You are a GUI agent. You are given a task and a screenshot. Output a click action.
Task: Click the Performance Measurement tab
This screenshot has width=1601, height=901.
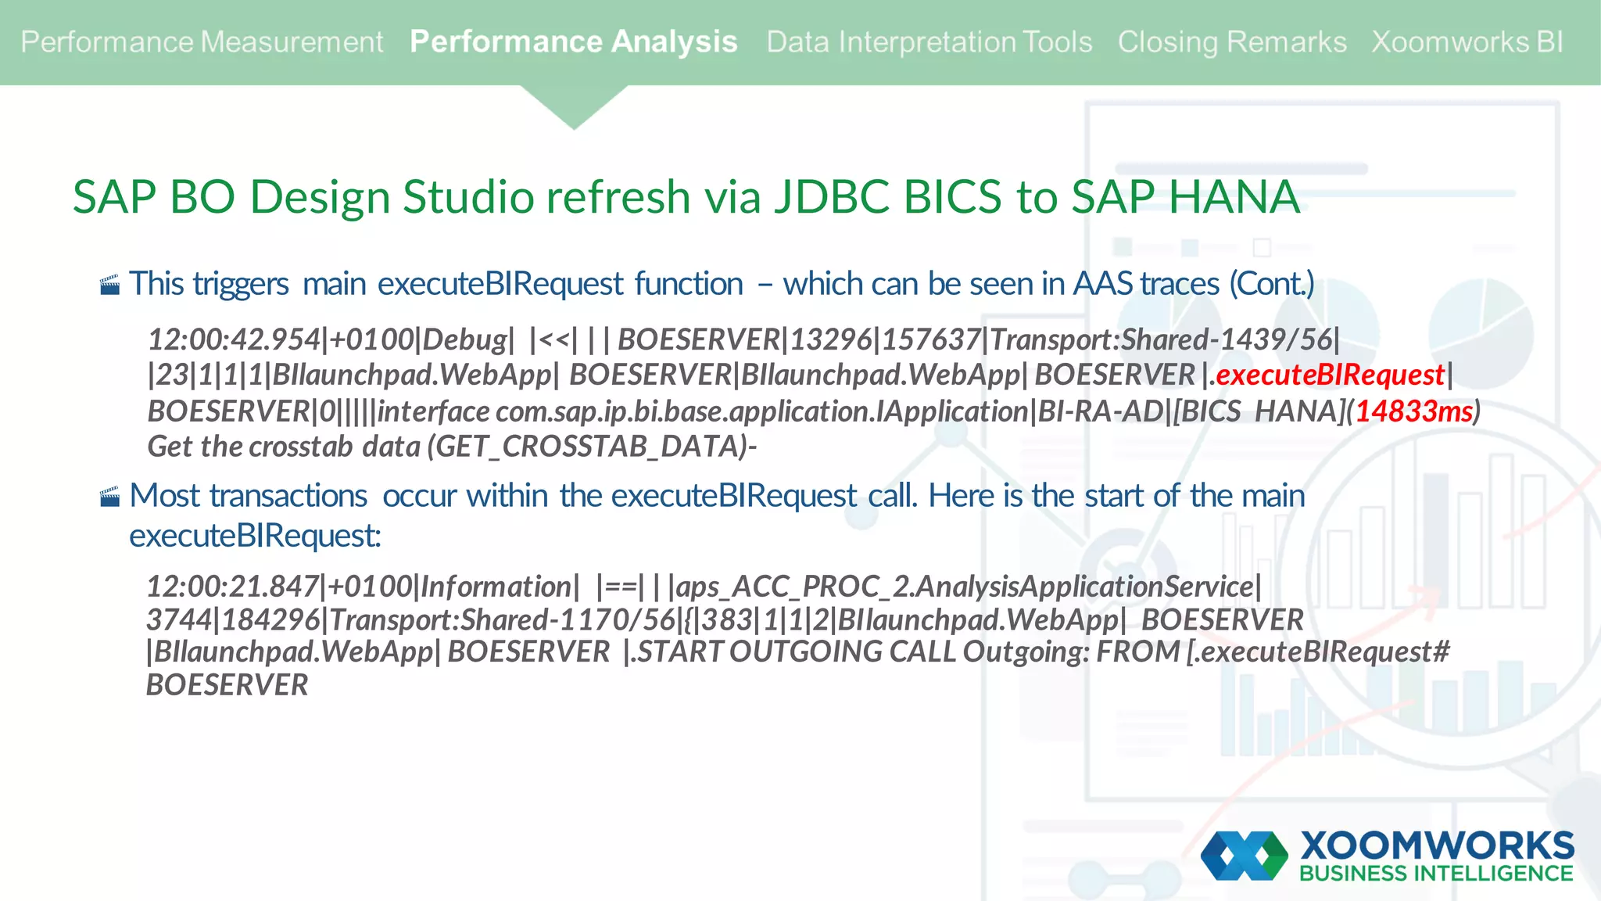(x=202, y=42)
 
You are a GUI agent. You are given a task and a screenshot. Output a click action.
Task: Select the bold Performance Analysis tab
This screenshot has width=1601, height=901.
(x=573, y=42)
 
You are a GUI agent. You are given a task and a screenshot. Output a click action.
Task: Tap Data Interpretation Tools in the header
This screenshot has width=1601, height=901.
(x=929, y=42)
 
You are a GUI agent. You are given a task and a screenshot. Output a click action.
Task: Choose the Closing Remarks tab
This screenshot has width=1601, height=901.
(x=1231, y=42)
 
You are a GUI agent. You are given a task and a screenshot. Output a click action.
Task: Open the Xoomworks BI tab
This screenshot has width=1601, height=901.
(x=1467, y=42)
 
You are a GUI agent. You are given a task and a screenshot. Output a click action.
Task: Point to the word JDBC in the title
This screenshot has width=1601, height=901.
(x=831, y=196)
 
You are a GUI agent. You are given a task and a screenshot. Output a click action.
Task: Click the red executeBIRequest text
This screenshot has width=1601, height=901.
(x=1330, y=375)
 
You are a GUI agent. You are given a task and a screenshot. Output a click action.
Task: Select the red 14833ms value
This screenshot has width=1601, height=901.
(x=1413, y=411)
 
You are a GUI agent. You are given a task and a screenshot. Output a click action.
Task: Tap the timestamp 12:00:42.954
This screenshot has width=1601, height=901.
(x=234, y=340)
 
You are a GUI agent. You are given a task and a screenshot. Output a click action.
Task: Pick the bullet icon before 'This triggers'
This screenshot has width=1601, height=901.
(x=110, y=285)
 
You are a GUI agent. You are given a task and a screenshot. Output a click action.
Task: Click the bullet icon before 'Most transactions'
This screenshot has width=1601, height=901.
(x=110, y=497)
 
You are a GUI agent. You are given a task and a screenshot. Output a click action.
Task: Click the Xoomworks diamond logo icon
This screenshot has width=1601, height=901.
(x=1244, y=856)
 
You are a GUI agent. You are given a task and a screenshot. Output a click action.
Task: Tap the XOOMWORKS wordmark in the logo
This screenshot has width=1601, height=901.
(x=1437, y=845)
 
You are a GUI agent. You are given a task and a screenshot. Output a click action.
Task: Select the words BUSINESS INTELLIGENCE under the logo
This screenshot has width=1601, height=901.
(x=1436, y=874)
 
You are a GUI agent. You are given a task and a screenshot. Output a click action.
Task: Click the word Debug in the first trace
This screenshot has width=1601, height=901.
(x=464, y=340)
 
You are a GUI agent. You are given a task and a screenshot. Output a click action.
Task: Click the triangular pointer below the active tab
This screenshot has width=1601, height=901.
(x=574, y=106)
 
